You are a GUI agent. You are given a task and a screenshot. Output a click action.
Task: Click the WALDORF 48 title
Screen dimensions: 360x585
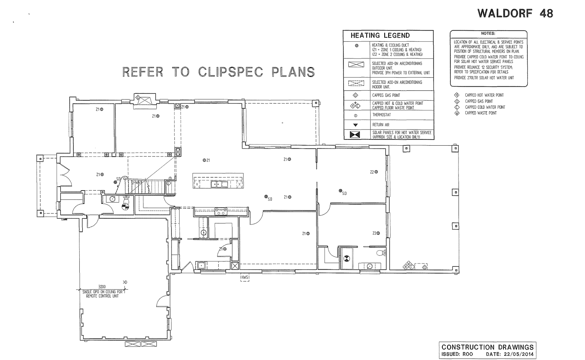click(515, 14)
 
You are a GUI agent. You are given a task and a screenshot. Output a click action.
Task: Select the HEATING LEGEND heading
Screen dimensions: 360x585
click(380, 35)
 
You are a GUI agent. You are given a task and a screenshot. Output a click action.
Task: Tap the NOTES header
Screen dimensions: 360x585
click(488, 33)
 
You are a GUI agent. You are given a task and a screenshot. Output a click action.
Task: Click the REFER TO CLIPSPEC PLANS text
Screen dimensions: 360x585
click(218, 72)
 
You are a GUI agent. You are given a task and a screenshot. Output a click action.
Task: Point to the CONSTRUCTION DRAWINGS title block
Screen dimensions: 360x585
click(487, 347)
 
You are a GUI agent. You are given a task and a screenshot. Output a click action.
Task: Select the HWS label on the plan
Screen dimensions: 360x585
click(245, 278)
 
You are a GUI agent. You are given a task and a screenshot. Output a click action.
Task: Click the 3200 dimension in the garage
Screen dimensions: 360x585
click(102, 287)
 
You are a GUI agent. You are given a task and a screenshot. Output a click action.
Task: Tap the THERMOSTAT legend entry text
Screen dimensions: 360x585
click(381, 115)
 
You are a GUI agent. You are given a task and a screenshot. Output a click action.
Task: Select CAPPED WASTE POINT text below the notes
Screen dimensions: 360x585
click(480, 113)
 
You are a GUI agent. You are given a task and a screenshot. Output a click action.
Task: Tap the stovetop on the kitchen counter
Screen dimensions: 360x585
click(221, 211)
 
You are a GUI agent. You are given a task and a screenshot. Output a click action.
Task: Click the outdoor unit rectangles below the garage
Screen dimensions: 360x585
click(141, 344)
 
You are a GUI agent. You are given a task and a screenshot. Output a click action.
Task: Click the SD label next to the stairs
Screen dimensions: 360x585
click(118, 179)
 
